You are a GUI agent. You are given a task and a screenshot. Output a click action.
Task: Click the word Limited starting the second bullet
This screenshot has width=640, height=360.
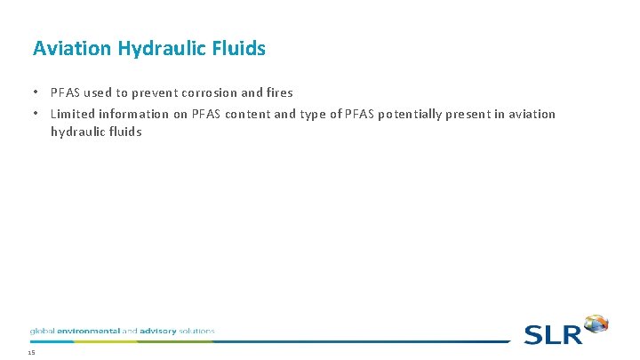tap(74, 114)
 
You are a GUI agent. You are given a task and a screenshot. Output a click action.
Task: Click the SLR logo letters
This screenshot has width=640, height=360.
tap(551, 335)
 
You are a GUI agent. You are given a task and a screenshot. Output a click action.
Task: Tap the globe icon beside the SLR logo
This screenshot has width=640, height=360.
tap(596, 324)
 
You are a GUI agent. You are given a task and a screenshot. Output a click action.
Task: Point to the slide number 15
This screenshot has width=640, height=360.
tap(31, 353)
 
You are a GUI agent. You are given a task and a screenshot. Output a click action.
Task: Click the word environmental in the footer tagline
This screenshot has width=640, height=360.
tap(87, 331)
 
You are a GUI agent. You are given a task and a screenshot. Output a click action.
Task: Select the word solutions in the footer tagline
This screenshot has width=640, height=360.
tap(197, 331)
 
